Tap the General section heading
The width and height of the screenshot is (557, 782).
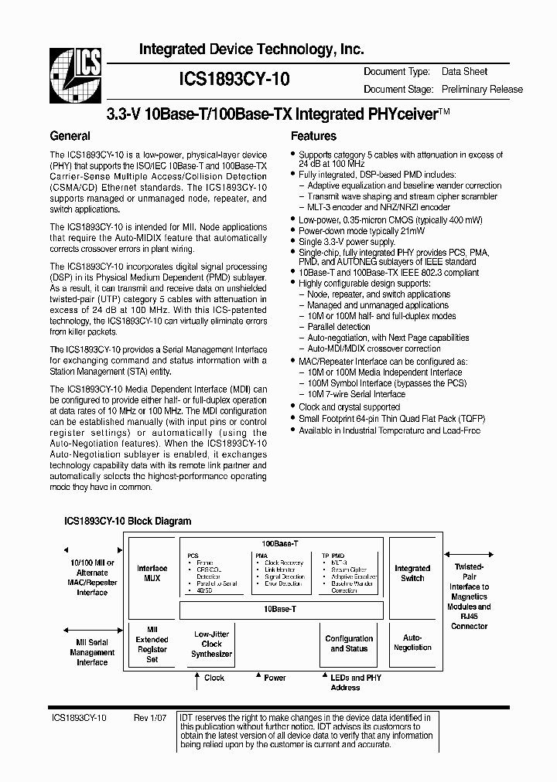[x=70, y=136]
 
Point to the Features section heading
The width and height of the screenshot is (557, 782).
[x=313, y=136]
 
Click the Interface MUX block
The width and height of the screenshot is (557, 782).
[x=152, y=573]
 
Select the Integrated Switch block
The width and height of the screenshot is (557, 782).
[x=412, y=573]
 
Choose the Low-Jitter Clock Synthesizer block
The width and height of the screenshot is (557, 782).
[x=211, y=644]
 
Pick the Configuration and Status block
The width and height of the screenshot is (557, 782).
[x=349, y=644]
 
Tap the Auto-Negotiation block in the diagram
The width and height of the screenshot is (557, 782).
[x=412, y=643]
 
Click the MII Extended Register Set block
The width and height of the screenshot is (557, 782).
[x=152, y=644]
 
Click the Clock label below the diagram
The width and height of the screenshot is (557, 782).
[x=214, y=678]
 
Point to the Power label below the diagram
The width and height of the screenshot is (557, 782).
[x=275, y=678]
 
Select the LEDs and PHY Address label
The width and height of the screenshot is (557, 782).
[x=345, y=682]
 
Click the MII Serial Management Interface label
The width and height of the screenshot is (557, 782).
[x=92, y=652]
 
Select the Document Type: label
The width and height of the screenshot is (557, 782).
[x=396, y=72]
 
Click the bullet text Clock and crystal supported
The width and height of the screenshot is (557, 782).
[x=349, y=406]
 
